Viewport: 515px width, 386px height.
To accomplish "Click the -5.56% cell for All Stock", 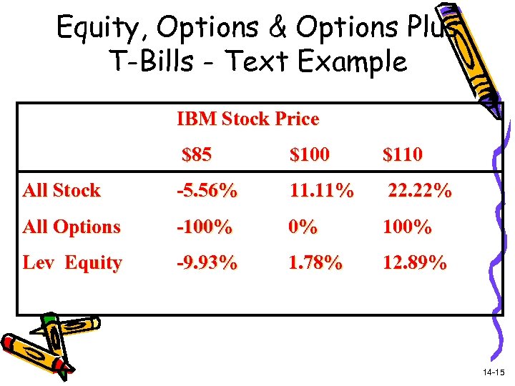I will (207, 191).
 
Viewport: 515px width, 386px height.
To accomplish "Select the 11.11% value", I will (321, 191).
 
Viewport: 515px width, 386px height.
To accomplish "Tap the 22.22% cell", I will (419, 191).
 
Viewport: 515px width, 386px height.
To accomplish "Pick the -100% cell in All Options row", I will (205, 227).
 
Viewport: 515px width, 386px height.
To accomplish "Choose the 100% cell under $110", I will (407, 227).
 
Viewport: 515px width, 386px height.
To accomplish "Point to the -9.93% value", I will (207, 263).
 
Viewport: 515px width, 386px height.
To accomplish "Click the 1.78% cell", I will (315, 263).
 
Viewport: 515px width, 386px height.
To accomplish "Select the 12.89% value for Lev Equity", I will (415, 263).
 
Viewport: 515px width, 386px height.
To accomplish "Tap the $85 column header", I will (197, 154).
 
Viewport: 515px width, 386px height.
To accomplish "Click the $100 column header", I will (310, 154).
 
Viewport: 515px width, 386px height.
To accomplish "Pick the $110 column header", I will (402, 154).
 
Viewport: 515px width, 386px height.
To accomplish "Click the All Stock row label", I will (62, 191).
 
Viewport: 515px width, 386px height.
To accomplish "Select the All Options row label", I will (72, 227).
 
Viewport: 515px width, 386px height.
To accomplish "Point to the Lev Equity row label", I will (72, 263).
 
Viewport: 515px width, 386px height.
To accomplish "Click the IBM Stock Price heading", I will (247, 119).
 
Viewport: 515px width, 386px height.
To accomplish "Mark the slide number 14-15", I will (494, 372).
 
